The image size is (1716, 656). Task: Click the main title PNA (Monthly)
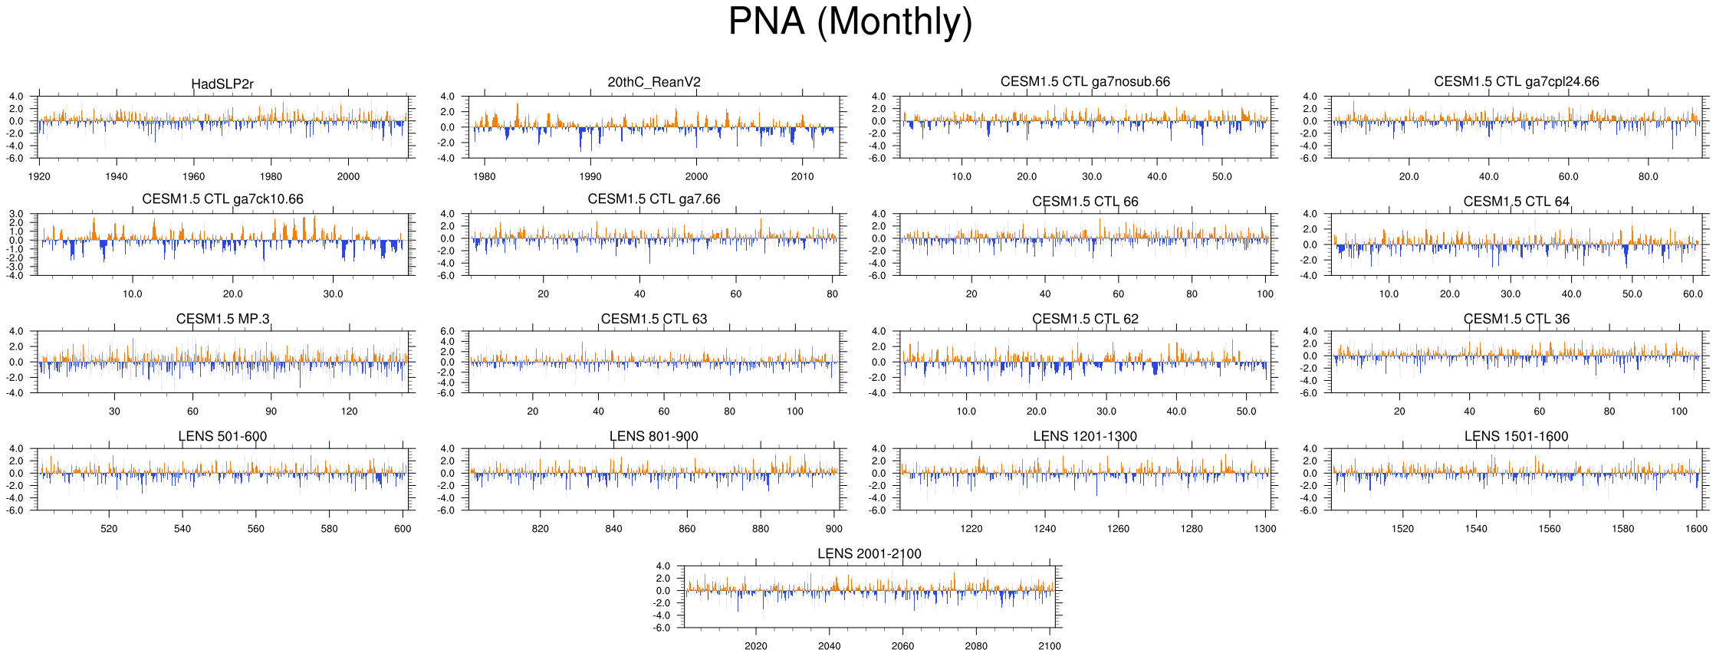click(x=850, y=21)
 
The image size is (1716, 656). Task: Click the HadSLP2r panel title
click(x=222, y=84)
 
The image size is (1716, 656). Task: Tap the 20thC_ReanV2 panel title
click(x=653, y=82)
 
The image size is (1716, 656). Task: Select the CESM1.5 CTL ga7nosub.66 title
click(x=1085, y=82)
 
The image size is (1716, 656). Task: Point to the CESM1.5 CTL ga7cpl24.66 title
click(x=1516, y=82)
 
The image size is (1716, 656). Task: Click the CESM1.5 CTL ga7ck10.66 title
click(x=222, y=199)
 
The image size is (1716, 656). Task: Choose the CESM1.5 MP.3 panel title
click(x=222, y=319)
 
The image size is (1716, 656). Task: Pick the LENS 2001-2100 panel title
click(x=869, y=553)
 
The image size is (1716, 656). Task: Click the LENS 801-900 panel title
click(x=653, y=436)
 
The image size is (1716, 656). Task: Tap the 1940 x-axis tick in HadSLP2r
click(x=117, y=176)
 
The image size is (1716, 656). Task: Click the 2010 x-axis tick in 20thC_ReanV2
click(x=802, y=176)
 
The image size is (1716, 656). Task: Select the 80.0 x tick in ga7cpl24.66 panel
click(x=1648, y=176)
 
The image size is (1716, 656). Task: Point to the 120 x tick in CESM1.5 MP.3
click(x=350, y=412)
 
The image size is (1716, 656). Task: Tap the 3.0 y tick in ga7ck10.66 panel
click(x=17, y=215)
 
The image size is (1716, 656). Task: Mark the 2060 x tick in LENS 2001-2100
click(x=902, y=646)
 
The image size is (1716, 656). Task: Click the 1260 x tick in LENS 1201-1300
click(x=1118, y=529)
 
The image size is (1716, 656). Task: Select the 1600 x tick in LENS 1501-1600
click(x=1696, y=529)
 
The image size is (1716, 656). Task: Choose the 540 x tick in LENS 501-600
click(x=182, y=529)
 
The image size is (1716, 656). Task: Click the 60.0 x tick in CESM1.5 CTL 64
click(x=1692, y=294)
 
